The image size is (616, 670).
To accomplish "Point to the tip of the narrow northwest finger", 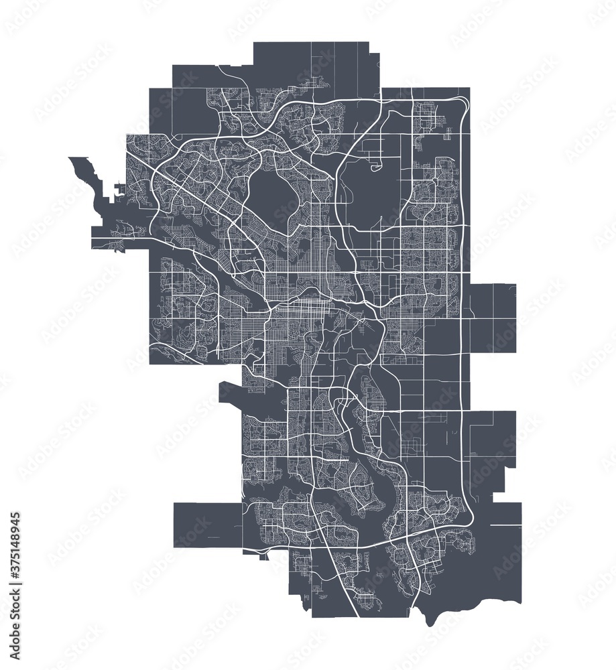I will coord(72,159).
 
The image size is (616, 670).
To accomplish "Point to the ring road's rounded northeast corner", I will coord(463,104).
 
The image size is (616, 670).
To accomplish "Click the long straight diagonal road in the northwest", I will coord(201,201).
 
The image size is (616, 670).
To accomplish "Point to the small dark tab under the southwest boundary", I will coord(265,555).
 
